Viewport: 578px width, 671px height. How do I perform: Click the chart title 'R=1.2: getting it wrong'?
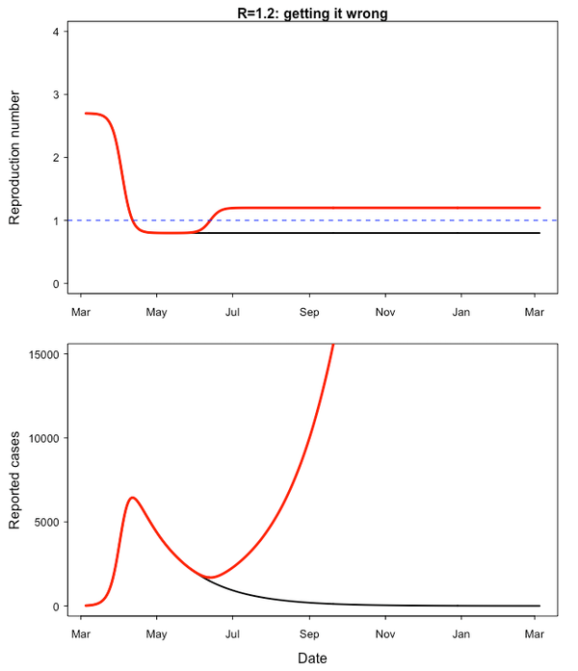[312, 13]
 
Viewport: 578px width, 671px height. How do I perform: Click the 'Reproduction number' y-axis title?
[14, 158]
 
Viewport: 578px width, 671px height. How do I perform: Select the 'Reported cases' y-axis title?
[14, 478]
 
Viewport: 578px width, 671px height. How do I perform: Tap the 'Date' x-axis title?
[311, 658]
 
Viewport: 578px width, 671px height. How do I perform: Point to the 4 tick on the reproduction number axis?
[59, 32]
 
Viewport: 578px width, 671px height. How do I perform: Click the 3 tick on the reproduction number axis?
[59, 94]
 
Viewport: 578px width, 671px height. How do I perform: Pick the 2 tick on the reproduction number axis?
[59, 158]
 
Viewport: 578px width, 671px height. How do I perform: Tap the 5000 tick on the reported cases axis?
[47, 522]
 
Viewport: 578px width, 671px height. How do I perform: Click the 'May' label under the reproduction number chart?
[156, 312]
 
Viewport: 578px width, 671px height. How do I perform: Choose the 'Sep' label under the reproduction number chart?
[309, 312]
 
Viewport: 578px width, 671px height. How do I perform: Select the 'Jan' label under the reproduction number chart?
[461, 312]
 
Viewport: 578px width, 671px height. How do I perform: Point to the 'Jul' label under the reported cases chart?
[232, 634]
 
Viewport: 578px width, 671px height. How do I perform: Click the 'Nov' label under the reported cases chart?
[385, 634]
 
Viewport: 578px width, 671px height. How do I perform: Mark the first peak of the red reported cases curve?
[132, 498]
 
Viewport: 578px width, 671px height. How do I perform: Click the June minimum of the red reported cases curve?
[213, 578]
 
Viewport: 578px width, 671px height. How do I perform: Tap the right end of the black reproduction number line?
[539, 233]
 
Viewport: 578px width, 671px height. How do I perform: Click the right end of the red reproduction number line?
[539, 208]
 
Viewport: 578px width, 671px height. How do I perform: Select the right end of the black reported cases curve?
[539, 606]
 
